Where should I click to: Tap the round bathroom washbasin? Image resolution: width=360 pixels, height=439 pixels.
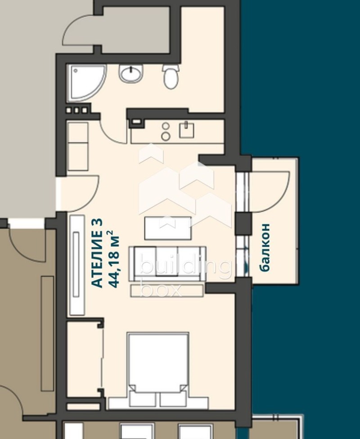tap(131, 73)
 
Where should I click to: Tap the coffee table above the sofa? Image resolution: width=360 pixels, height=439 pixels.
tap(168, 228)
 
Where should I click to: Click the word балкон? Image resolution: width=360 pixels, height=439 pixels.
tap(265, 247)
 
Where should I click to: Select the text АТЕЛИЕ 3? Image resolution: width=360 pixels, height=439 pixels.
tap(97, 253)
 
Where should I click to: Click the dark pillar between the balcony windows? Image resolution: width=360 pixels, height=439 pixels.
tap(243, 223)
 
